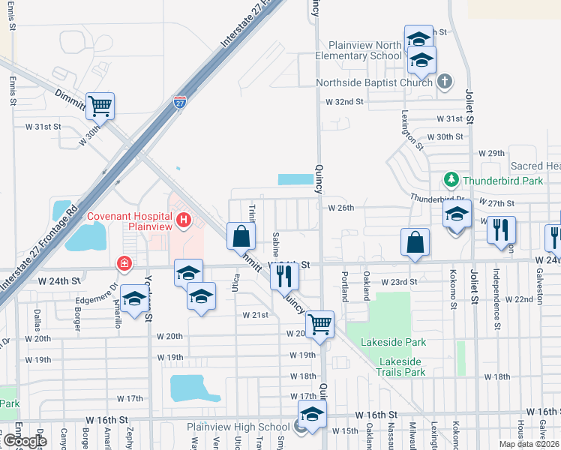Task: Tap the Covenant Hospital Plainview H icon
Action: [x=184, y=220]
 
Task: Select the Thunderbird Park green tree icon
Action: [x=451, y=180]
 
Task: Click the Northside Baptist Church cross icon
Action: [x=444, y=82]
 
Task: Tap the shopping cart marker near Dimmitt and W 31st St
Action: [x=100, y=106]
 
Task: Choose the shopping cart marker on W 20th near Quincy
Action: [x=319, y=324]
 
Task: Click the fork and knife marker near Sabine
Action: [x=285, y=276]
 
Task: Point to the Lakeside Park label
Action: [x=393, y=342]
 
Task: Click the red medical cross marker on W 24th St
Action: [x=123, y=264]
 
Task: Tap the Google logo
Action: [x=25, y=441]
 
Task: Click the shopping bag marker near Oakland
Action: [x=415, y=242]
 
